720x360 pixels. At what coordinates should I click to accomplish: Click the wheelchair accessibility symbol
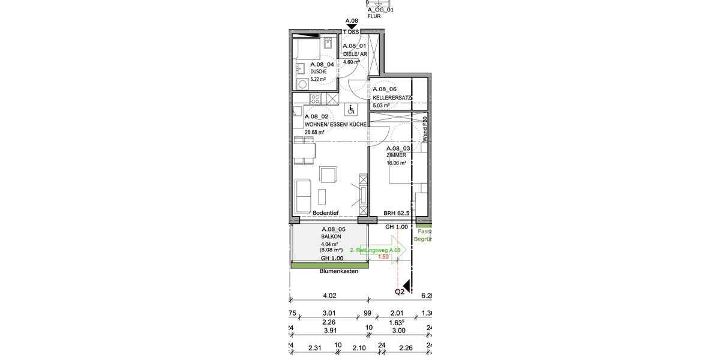(x=350, y=109)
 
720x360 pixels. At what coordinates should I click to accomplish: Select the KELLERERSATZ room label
(x=392, y=97)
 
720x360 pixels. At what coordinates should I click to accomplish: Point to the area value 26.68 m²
(x=314, y=132)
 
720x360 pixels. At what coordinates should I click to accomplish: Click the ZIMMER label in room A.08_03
(x=396, y=155)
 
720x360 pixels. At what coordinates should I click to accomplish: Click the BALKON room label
(x=331, y=237)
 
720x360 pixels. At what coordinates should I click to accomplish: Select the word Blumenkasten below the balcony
(x=338, y=271)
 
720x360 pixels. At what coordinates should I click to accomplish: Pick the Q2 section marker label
(x=400, y=292)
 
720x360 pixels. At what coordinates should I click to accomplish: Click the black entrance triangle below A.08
(x=352, y=27)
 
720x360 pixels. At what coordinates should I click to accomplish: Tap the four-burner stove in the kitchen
(x=314, y=98)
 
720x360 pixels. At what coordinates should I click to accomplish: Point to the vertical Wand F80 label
(x=424, y=128)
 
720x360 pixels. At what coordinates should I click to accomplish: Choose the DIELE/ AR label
(x=354, y=54)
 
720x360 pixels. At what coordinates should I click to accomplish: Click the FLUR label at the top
(x=374, y=17)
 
